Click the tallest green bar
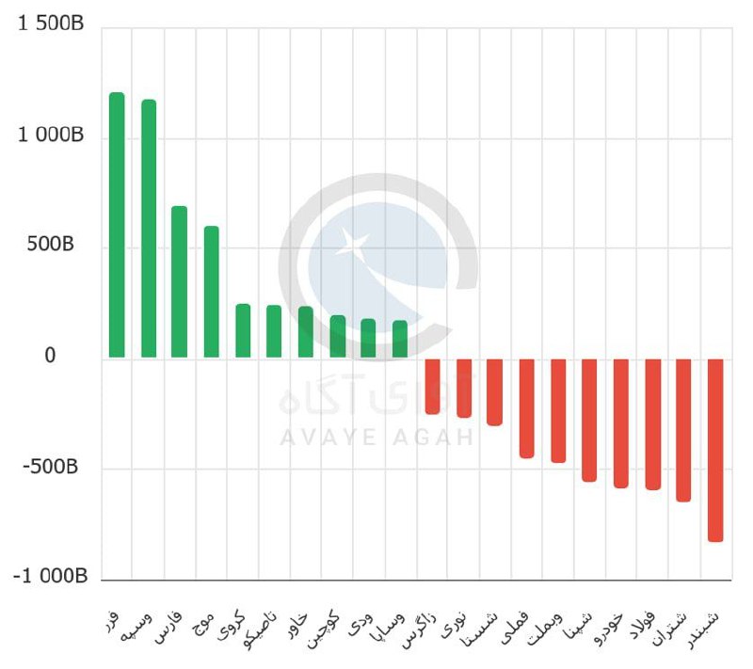point(117,226)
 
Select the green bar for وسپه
point(149,229)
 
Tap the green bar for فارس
point(180,282)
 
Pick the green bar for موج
point(212,293)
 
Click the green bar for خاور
point(306,332)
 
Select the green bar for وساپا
point(400,340)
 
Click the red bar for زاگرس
point(432,386)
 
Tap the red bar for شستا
point(495,391)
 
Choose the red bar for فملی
point(527,407)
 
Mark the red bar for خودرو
point(621,422)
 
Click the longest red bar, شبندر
point(715,450)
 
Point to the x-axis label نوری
point(459,623)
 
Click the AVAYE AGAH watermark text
point(376,438)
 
